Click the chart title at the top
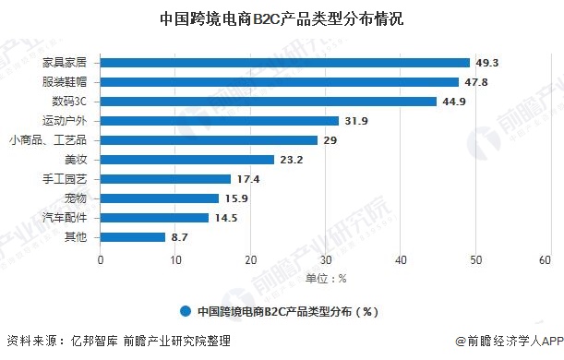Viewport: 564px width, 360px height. pyautogui.click(x=282, y=19)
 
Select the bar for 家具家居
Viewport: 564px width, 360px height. pyautogui.click(x=285, y=63)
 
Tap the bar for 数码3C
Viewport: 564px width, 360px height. pyautogui.click(x=269, y=102)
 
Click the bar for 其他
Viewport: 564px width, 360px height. pyautogui.click(x=133, y=237)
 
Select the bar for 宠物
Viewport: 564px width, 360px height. pyautogui.click(x=160, y=198)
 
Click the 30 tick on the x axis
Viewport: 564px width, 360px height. pyautogui.click(x=326, y=261)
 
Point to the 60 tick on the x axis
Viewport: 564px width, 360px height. pyautogui.click(x=551, y=261)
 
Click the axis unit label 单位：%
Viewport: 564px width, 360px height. pyautogui.click(x=326, y=278)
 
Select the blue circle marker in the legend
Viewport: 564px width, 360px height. pyautogui.click(x=186, y=311)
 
